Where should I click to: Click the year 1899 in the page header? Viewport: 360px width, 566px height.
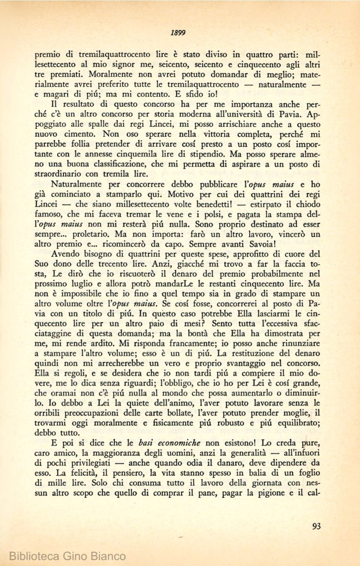point(178,33)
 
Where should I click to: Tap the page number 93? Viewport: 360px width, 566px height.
point(316,526)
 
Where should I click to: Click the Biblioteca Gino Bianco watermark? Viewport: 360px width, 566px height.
point(67,556)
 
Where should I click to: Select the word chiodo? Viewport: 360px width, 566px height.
point(308,204)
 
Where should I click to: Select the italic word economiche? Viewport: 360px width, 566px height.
point(179,443)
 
